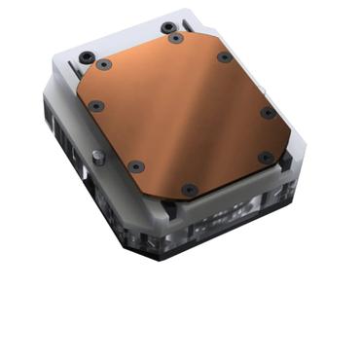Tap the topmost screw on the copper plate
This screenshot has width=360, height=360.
point(174,39)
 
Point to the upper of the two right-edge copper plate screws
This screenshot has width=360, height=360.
point(268,113)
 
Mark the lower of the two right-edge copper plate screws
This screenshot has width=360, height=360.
point(264,156)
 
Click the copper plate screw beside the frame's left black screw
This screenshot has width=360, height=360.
point(106,65)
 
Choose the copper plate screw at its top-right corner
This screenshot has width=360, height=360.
point(224,56)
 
